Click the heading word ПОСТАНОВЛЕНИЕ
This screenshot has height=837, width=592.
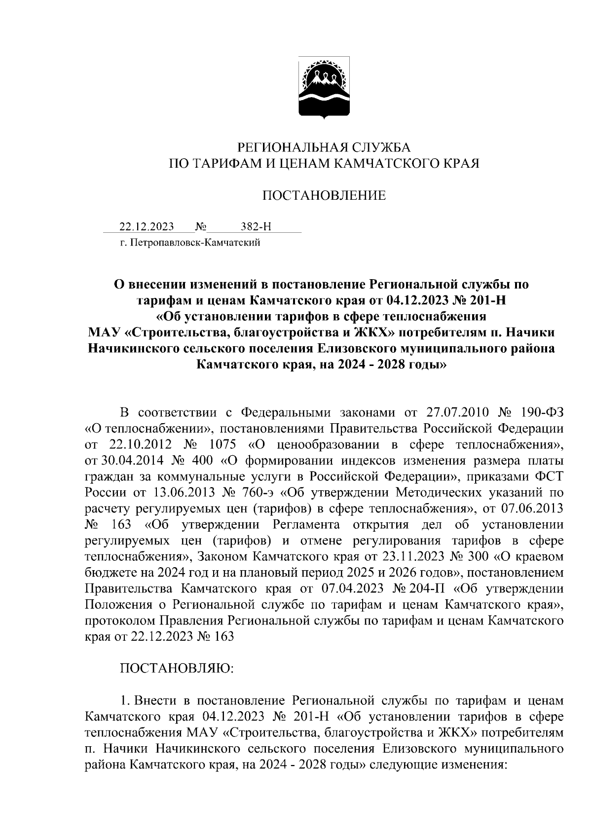pyautogui.click(x=324, y=196)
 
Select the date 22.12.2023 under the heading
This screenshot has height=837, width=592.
pyautogui.click(x=147, y=227)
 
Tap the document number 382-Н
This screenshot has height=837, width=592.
pyautogui.click(x=256, y=227)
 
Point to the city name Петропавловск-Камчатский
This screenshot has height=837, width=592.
pyautogui.click(x=194, y=243)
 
